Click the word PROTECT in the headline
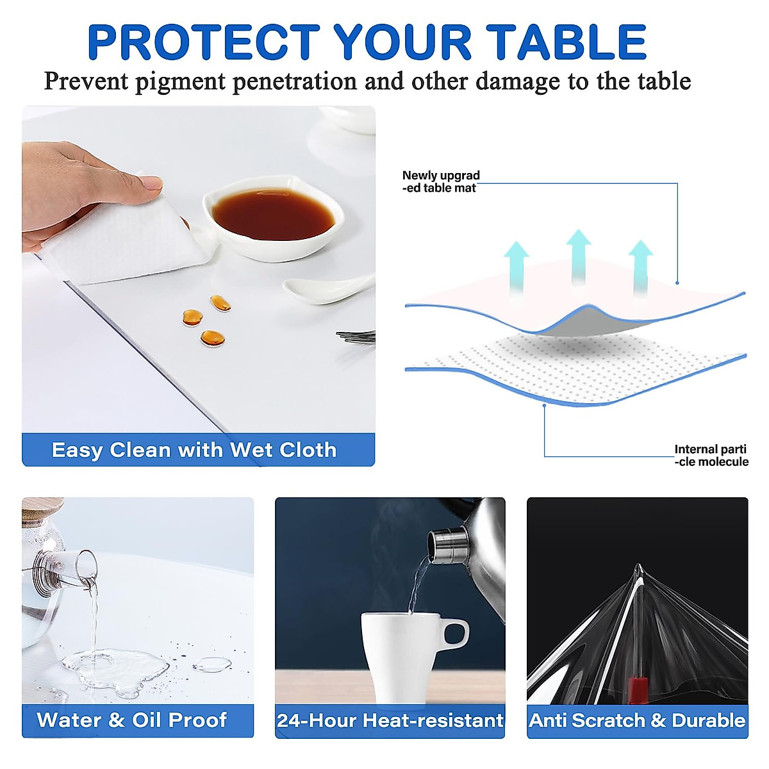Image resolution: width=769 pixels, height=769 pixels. [x=204, y=42]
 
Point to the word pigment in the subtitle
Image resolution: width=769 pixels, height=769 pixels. [x=180, y=81]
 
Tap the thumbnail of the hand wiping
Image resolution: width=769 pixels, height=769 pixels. [x=198, y=269]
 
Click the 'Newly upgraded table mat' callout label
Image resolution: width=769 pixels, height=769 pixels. [x=441, y=181]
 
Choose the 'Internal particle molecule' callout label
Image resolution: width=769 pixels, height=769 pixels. [x=711, y=456]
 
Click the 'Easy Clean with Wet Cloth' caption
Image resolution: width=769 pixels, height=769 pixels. [x=194, y=450]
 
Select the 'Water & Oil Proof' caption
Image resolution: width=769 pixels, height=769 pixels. [x=132, y=720]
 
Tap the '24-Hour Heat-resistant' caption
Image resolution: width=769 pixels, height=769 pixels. [x=390, y=720]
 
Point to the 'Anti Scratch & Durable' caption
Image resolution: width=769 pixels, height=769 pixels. [x=637, y=720]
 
